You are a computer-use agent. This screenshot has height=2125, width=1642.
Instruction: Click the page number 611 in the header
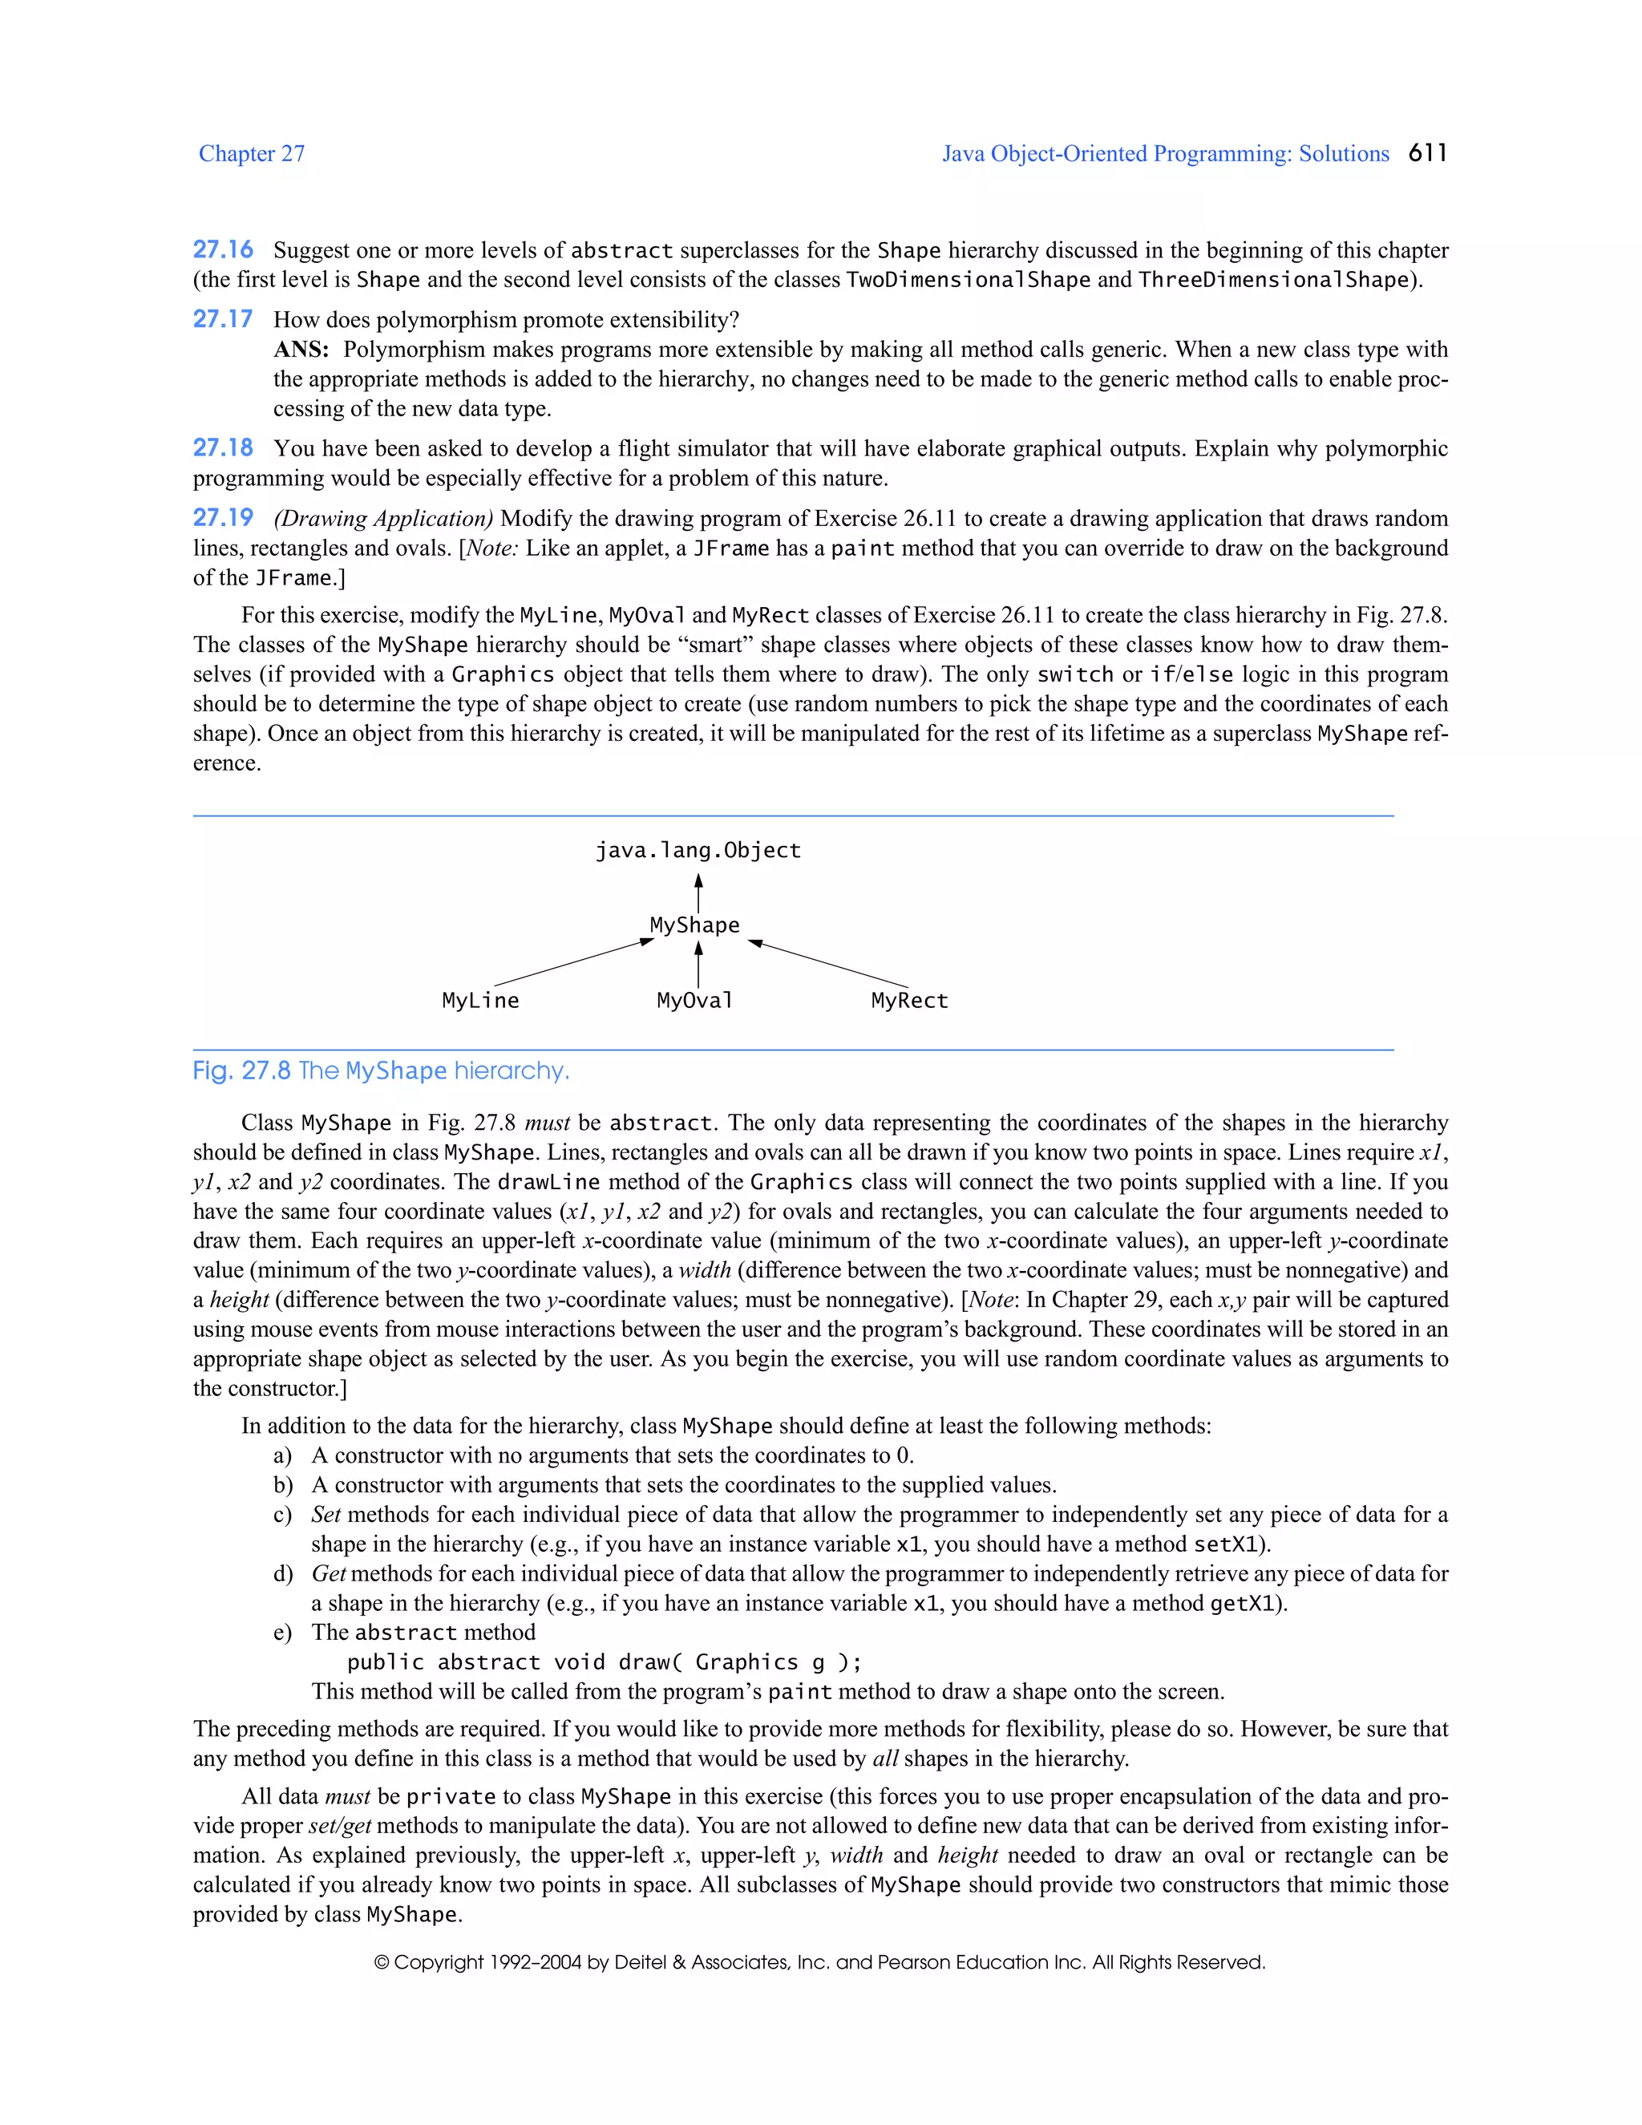tap(1427, 152)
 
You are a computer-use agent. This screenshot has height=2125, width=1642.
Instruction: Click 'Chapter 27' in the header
tap(251, 154)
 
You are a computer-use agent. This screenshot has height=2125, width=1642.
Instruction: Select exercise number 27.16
tap(223, 249)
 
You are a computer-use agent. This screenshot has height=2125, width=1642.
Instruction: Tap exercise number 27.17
tap(223, 319)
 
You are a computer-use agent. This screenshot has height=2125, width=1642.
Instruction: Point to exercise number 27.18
tap(223, 447)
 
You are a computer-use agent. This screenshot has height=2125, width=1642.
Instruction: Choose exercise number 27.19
tap(223, 518)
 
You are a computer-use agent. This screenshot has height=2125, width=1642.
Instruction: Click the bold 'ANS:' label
tap(301, 350)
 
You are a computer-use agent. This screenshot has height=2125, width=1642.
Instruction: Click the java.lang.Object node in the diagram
tap(698, 850)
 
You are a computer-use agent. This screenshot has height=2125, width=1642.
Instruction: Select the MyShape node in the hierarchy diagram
tap(694, 925)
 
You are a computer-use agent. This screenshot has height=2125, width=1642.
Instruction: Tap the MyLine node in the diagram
tap(480, 1000)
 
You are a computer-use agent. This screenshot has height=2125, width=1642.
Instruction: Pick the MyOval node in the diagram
tap(694, 1000)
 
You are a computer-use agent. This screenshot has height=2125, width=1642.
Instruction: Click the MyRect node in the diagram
tap(908, 1000)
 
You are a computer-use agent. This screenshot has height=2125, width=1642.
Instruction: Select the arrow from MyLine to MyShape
tap(574, 962)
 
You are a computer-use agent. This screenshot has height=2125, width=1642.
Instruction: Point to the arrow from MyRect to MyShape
tap(827, 963)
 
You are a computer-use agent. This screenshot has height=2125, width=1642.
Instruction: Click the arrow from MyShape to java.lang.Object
tap(698, 892)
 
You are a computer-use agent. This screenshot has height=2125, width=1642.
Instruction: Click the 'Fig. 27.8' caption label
tap(241, 1071)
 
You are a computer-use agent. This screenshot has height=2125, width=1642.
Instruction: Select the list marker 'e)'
tap(282, 1633)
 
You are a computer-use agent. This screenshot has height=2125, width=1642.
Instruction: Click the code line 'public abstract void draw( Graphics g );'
tap(604, 1662)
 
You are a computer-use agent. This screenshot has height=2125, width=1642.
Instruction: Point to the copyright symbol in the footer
tap(382, 1962)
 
